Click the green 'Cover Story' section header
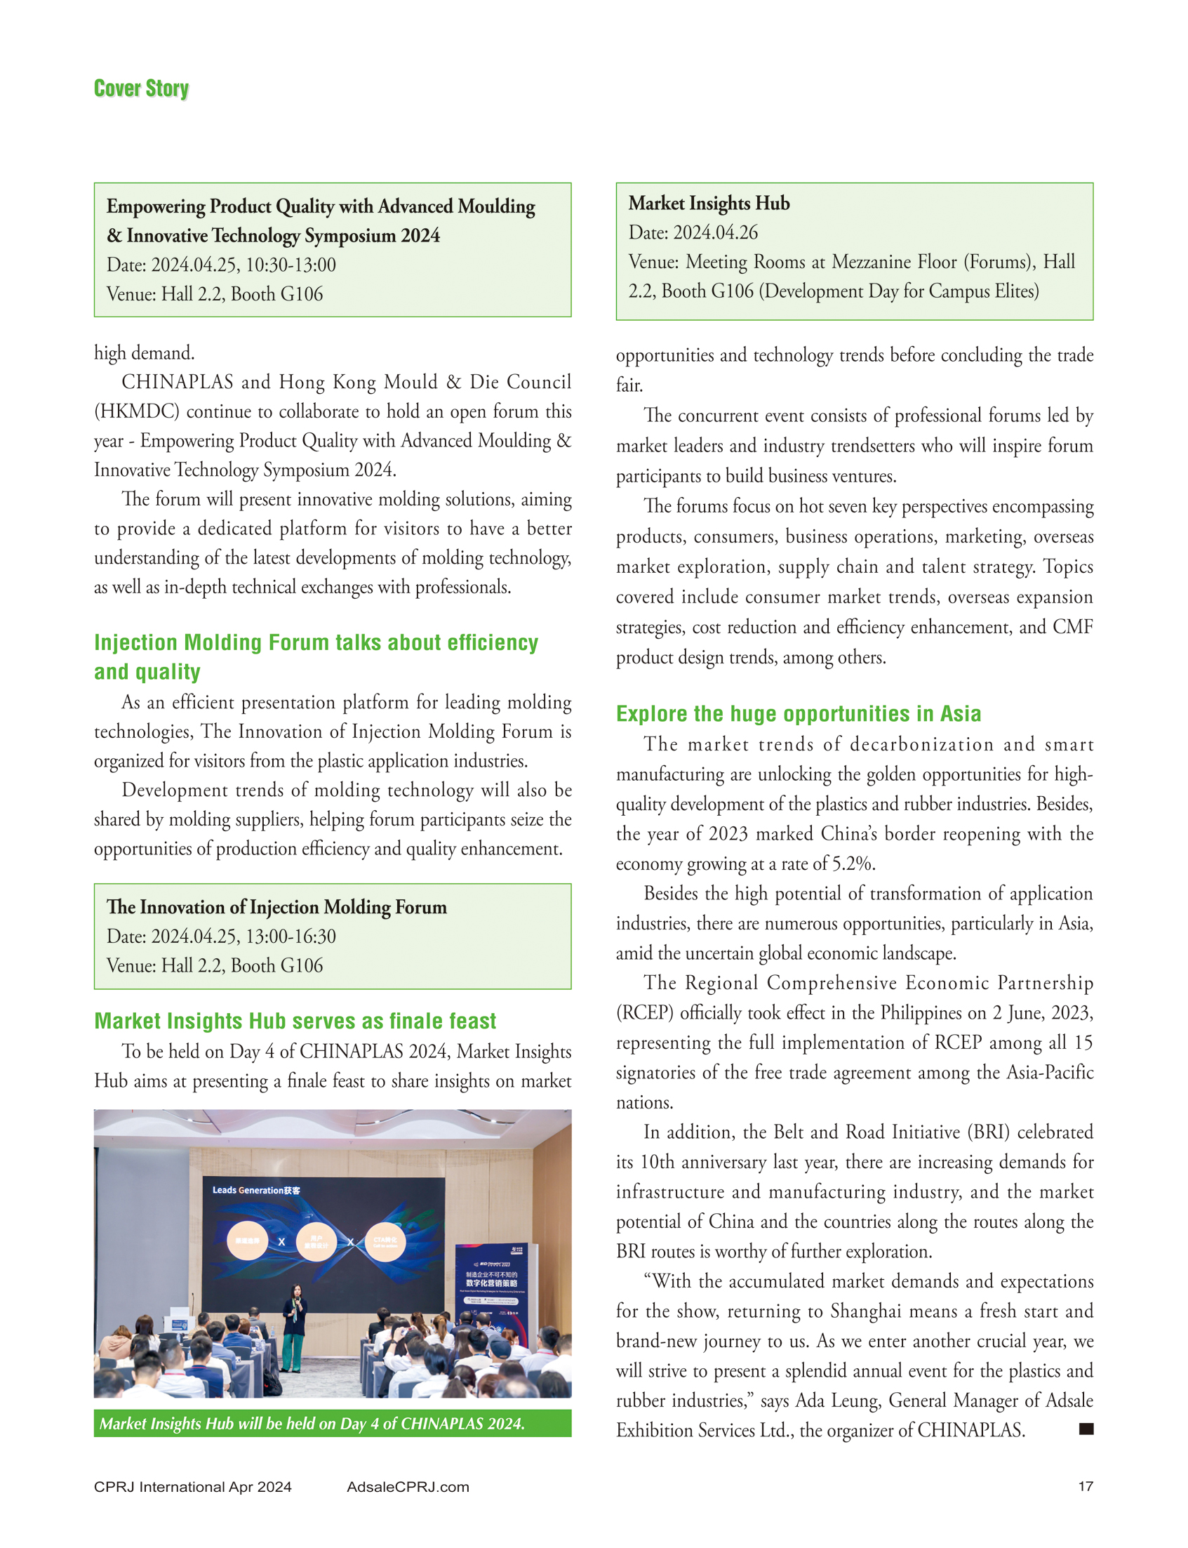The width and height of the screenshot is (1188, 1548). tap(142, 88)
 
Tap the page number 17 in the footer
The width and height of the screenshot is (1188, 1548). tap(1085, 1486)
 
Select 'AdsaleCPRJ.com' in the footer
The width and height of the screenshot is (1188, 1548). tap(407, 1486)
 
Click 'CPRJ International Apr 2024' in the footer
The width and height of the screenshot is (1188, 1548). tap(192, 1486)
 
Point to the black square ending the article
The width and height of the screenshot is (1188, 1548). tap(1086, 1429)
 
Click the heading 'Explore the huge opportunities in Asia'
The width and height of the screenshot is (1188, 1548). tap(799, 713)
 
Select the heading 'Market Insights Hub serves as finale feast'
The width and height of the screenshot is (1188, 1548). tap(295, 1020)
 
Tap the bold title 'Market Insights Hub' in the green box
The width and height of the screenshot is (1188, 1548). tap(709, 204)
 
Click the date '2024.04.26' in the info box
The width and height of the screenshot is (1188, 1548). tap(715, 233)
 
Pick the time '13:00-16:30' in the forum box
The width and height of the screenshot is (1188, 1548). tap(291, 936)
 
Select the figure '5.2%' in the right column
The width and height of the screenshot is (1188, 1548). tap(853, 863)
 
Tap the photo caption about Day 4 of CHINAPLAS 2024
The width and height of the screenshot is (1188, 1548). tap(312, 1423)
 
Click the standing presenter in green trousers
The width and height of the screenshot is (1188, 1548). tap(294, 1329)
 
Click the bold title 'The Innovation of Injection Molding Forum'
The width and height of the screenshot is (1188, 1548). tap(276, 907)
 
